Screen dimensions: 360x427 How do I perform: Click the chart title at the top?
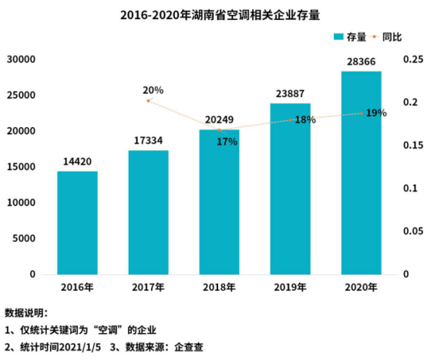tap(213, 13)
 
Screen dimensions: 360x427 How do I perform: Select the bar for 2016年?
tap(77, 223)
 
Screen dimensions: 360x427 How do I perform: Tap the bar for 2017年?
tap(148, 212)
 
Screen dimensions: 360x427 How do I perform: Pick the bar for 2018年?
tap(219, 202)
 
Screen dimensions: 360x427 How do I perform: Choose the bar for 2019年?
tap(291, 189)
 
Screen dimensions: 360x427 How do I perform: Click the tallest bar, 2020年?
tap(361, 173)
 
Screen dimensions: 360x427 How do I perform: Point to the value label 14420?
tap(77, 162)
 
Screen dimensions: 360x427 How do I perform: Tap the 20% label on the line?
tap(153, 90)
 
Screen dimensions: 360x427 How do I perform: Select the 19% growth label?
tap(376, 113)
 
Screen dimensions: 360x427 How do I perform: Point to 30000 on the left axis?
tap(22, 59)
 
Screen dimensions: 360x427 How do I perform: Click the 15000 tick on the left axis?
tap(22, 167)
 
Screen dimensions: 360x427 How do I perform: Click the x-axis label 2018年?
tap(219, 288)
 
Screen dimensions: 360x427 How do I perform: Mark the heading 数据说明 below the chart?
tap(26, 313)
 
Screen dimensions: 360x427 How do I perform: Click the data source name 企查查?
tap(186, 346)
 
